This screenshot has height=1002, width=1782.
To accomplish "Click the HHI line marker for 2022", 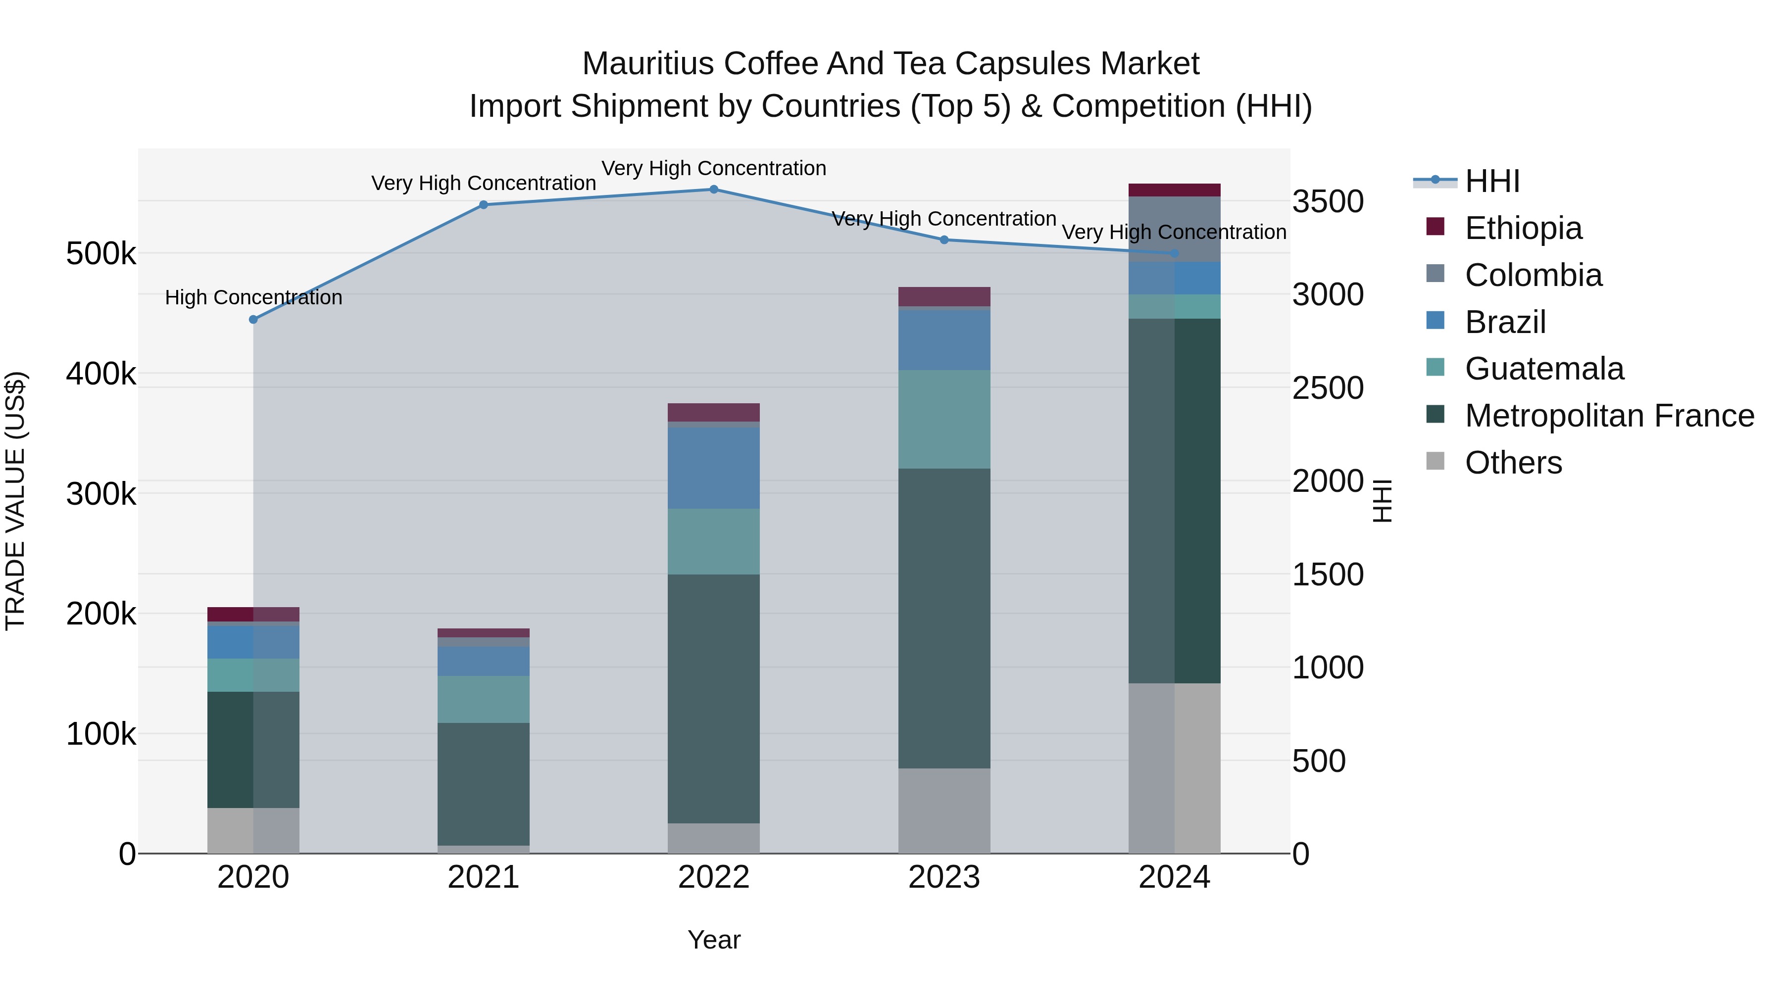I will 714,189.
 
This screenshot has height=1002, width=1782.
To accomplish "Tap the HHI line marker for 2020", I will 253,320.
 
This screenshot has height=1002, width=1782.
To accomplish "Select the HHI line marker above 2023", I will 944,240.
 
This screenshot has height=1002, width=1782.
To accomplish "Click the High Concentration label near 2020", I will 253,297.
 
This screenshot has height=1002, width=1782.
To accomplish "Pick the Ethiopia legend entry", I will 1523,228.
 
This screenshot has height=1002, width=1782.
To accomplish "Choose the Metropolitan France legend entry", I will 1609,416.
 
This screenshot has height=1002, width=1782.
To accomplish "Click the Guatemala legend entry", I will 1543,369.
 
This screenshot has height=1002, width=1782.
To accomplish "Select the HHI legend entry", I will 1492,181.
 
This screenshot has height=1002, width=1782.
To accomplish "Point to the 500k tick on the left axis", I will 101,254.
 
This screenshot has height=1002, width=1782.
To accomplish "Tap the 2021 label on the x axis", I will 484,877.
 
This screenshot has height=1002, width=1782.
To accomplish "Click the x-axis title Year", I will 714,940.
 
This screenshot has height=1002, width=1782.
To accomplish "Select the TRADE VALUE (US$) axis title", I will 15,501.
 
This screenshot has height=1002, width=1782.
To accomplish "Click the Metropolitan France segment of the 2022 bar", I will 714,698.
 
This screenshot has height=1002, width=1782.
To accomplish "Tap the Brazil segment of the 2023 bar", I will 944,340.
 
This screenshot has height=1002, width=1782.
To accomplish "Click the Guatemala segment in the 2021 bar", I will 484,699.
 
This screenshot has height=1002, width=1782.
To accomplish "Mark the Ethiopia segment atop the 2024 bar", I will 1175,190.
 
